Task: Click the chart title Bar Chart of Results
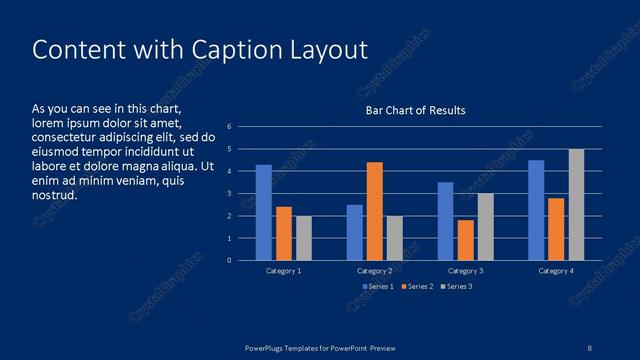(x=414, y=110)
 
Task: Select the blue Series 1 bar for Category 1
(x=264, y=212)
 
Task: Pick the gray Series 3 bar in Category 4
(x=576, y=204)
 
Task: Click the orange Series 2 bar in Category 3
(x=465, y=240)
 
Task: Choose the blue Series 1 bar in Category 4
(x=536, y=210)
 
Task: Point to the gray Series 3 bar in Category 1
(x=304, y=238)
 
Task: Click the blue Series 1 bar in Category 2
(x=354, y=232)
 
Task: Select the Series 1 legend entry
(x=377, y=287)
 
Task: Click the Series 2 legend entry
(x=416, y=287)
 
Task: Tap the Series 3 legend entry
(x=455, y=287)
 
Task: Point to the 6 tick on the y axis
(x=230, y=127)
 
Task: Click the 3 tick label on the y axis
(x=230, y=194)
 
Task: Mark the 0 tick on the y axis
(x=230, y=261)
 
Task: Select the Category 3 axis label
(x=465, y=271)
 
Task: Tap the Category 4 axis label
(x=556, y=271)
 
